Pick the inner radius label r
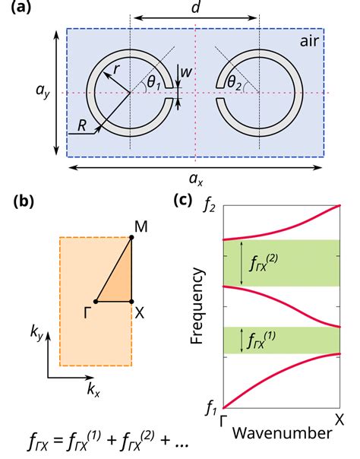point(116,69)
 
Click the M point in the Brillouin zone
point(139,226)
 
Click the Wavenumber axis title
point(281,434)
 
